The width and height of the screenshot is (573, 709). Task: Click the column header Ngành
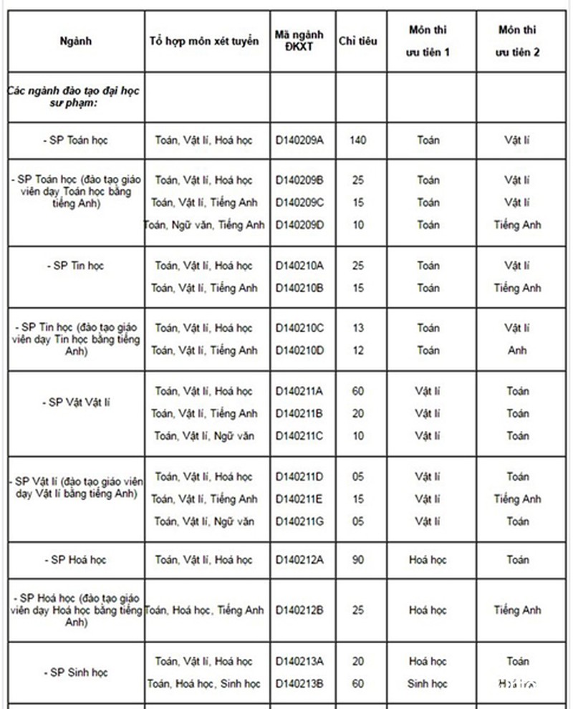coord(76,41)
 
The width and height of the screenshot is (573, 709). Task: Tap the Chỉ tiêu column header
coord(358,41)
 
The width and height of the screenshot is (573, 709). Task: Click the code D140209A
coord(300,140)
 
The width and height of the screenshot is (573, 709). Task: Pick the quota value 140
coord(358,140)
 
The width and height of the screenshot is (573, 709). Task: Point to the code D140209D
coord(300,225)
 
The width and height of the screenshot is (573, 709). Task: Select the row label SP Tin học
coord(76,266)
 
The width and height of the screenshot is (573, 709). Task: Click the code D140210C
coord(300,328)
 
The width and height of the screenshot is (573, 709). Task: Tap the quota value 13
coord(358,328)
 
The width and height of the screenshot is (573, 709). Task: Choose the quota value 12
coord(358,350)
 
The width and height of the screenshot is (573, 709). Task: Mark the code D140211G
coord(300,521)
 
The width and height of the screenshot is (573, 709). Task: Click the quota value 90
coord(358,560)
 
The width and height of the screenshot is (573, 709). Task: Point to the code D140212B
coord(300,611)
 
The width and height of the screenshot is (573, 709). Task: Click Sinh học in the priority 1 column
coord(428,684)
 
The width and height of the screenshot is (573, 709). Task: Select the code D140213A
coord(300,662)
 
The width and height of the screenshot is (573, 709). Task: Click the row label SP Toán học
coord(76,140)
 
